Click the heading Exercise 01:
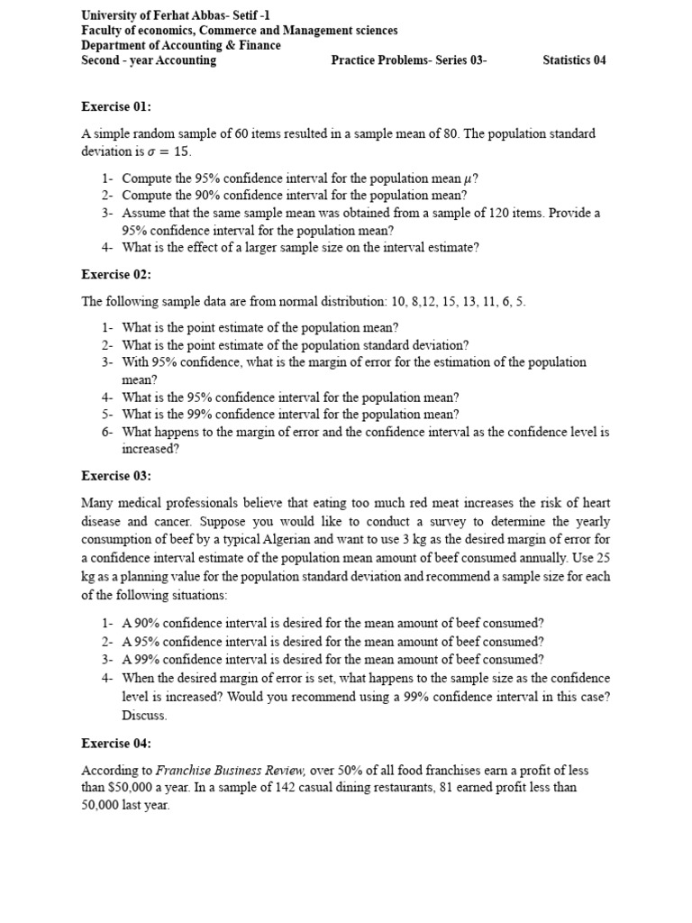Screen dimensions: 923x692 point(116,107)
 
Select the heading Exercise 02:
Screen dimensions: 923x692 point(116,274)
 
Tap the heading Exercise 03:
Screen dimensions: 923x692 point(116,475)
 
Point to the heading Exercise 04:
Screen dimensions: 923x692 point(116,744)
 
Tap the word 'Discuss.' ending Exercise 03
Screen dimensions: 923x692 point(144,716)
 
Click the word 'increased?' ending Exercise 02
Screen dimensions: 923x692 point(150,448)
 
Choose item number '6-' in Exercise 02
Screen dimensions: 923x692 point(107,432)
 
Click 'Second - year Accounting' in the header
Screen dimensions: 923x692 point(149,60)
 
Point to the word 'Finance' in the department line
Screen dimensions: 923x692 point(259,45)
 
